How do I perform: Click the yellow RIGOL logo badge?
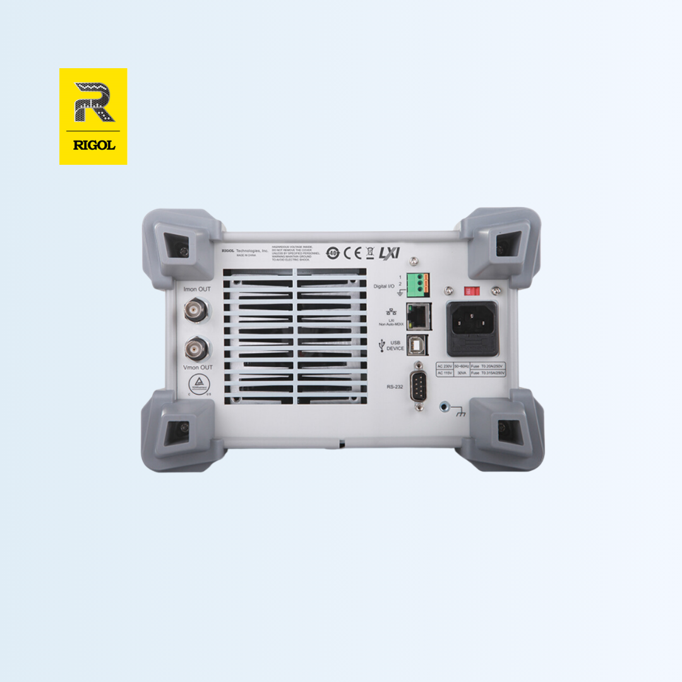(93, 116)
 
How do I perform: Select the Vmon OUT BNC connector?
(196, 347)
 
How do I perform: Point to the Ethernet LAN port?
(418, 314)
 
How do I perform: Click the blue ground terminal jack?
(448, 407)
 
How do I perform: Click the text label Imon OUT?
(197, 289)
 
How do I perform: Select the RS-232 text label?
(395, 386)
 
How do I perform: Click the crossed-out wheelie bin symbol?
(370, 253)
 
